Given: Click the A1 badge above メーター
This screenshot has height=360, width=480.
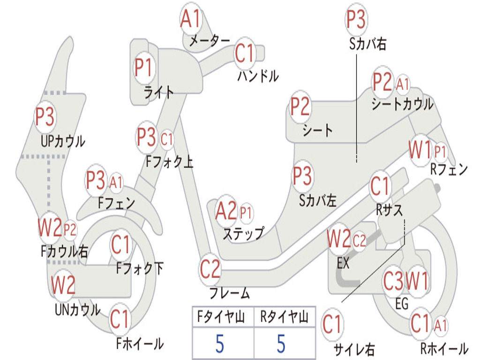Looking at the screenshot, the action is pos(191,20).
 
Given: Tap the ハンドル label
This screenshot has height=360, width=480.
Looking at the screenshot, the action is pos(257,76).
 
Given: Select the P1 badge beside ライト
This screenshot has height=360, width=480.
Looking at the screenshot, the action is pos(144,68).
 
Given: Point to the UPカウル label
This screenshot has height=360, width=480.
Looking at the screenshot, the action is pos(63,141).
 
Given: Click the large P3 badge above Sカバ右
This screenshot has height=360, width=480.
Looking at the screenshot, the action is pos(356,20).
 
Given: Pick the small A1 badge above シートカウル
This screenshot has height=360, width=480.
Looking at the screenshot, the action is pos(403,84).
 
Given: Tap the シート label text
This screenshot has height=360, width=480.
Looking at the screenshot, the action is pos(317,130).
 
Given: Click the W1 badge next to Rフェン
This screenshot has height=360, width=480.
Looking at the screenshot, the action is pos(420,151).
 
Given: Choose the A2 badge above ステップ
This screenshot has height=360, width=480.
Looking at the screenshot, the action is pos(226,212).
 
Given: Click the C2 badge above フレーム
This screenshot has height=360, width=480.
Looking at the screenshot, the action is pos(210,269).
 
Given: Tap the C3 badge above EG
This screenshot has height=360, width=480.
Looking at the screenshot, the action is pos(393,282).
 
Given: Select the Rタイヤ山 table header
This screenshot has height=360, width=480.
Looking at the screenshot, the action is pos(284,318).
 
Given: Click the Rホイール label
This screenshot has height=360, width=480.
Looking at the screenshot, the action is pos(443,349).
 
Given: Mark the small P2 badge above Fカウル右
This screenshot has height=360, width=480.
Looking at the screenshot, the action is pos(70,230).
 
